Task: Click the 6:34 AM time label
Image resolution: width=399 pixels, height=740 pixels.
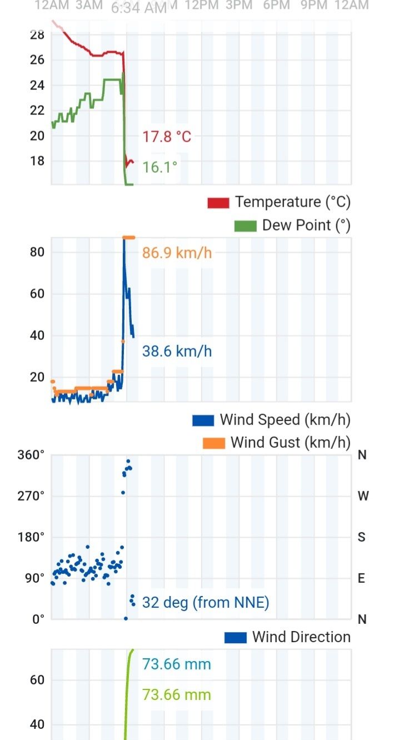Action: tap(139, 8)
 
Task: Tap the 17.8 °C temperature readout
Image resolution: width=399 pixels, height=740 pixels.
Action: tap(167, 137)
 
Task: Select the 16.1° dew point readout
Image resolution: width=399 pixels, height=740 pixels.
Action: tap(160, 167)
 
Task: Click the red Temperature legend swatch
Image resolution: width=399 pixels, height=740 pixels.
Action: tap(218, 203)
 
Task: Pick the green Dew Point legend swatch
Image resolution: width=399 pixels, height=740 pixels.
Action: tap(245, 226)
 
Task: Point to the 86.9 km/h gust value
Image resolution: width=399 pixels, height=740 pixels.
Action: tap(177, 253)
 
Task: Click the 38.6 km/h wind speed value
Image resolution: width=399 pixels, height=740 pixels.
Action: tap(177, 351)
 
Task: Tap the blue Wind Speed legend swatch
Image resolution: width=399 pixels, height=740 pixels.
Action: tap(203, 420)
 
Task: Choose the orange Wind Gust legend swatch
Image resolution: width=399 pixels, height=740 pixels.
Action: tap(214, 443)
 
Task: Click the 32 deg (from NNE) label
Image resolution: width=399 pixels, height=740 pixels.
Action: tap(206, 602)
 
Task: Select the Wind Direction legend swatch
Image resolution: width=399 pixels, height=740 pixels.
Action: tap(236, 637)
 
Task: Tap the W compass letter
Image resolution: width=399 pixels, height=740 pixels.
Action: tap(363, 496)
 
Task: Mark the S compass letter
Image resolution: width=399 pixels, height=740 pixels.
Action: tap(362, 537)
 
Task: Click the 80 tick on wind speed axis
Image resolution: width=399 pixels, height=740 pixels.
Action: tap(37, 252)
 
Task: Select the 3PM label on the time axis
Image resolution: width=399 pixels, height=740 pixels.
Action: tap(239, 6)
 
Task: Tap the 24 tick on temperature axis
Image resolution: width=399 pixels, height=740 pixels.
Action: tap(37, 85)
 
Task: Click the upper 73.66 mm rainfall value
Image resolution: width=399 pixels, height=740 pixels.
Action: tap(177, 664)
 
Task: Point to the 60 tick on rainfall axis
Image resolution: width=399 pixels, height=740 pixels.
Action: tap(37, 680)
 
